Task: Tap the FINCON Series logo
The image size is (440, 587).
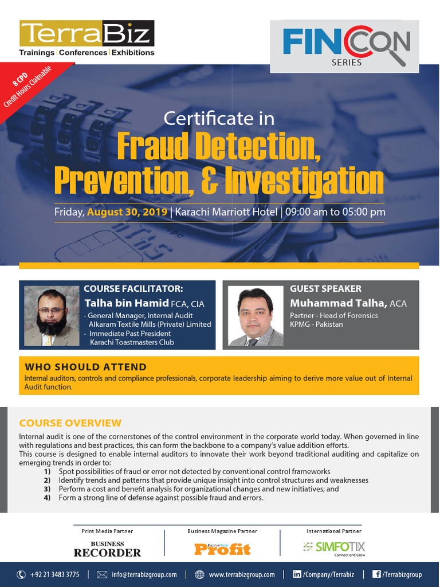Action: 347,45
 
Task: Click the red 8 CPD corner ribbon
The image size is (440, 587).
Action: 29,86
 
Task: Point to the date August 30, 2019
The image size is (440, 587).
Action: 128,212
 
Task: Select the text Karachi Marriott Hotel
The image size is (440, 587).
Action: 227,212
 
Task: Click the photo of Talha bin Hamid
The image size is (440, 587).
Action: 52,316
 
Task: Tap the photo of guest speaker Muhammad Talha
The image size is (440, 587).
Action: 256,316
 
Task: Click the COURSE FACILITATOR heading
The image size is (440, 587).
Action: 133,289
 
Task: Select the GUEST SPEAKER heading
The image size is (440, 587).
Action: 325,288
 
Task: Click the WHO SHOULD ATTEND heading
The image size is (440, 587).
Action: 85,367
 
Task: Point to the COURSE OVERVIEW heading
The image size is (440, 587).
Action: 70,423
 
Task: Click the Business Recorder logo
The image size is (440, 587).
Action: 107,549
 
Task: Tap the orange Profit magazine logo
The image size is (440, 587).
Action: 222,549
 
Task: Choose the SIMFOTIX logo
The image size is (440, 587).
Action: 335,547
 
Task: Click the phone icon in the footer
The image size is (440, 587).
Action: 21,574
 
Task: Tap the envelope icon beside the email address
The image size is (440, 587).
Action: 103,574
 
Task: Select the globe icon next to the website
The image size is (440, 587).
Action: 199,574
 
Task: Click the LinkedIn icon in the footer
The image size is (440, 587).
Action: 297,574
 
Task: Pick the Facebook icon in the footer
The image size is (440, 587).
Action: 377,574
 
